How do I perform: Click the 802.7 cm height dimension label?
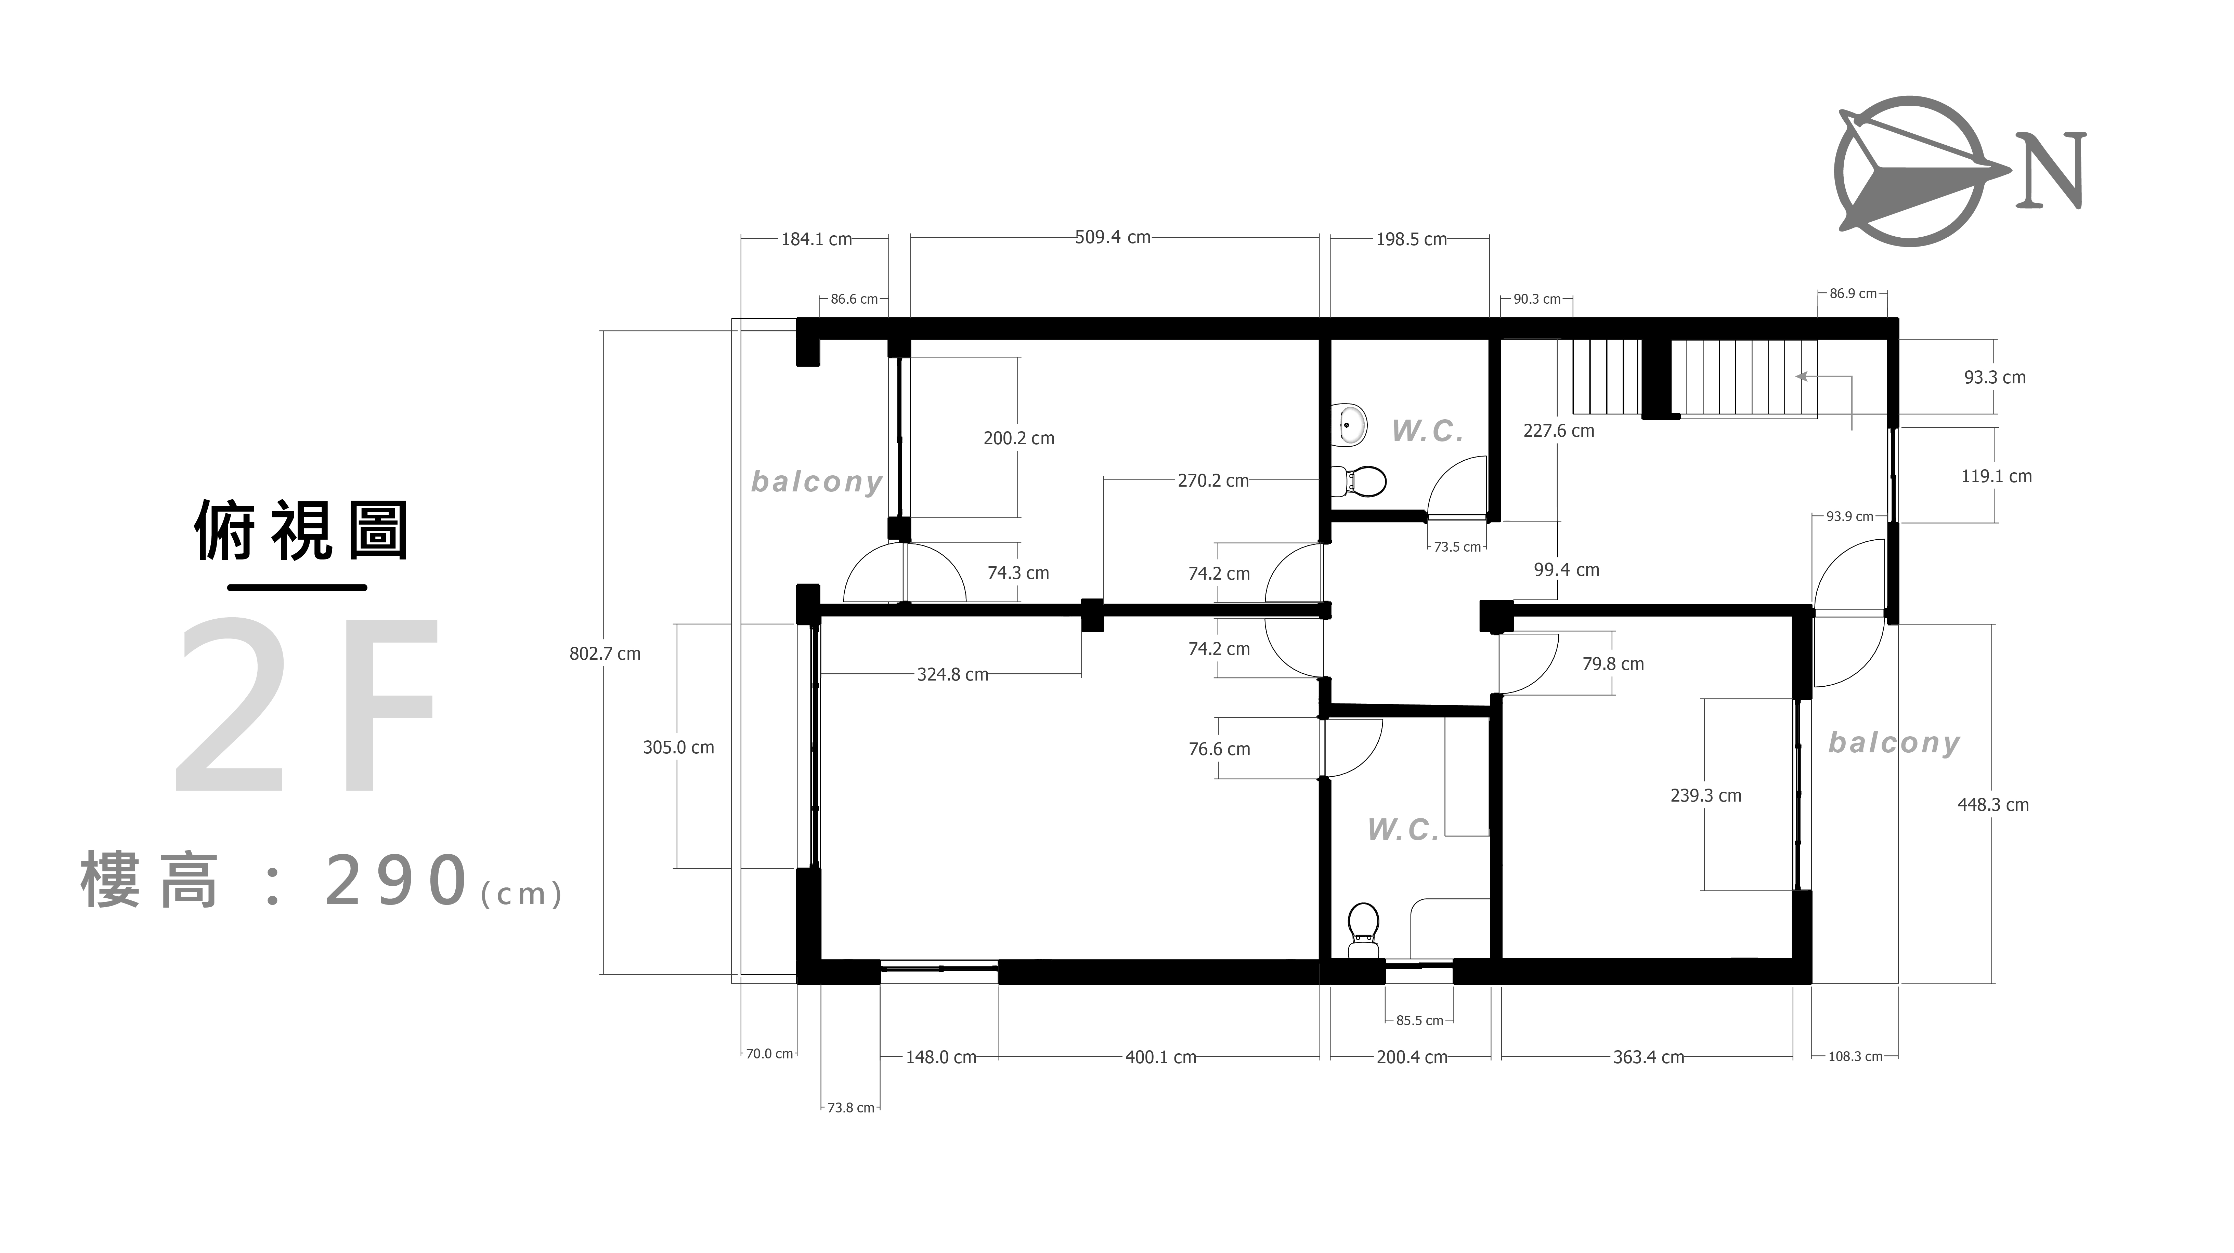605,654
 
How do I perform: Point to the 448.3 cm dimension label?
1993,805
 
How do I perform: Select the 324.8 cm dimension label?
952,675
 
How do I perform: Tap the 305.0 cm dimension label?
678,748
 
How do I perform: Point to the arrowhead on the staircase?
1801,376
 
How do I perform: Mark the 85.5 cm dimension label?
1420,1020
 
